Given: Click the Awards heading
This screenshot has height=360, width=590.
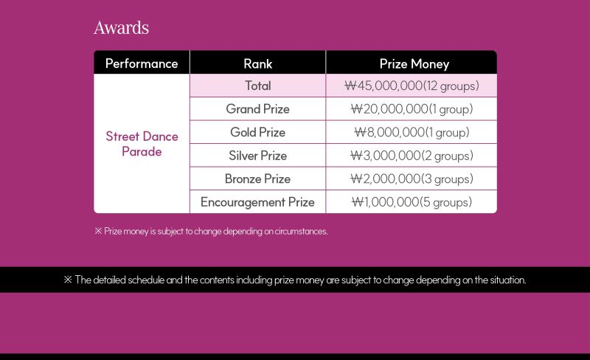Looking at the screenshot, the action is pyautogui.click(x=121, y=28).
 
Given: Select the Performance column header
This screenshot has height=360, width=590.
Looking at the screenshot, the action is pyautogui.click(x=142, y=63).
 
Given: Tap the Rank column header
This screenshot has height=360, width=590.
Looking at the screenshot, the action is pyautogui.click(x=257, y=63).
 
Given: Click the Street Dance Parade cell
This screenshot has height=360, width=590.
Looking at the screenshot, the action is pyautogui.click(x=142, y=144).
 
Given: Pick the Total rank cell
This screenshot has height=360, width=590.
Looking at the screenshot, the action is pyautogui.click(x=257, y=86).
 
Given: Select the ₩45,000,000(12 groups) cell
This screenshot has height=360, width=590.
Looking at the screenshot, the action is pyautogui.click(x=412, y=86).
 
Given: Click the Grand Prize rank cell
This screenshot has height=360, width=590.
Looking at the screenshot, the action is pyautogui.click(x=257, y=109).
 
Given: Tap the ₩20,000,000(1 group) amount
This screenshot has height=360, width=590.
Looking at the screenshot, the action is pyautogui.click(x=412, y=109).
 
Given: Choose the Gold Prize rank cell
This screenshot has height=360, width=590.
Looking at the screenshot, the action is pyautogui.click(x=257, y=132).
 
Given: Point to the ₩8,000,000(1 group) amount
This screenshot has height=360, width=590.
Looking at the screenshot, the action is pyautogui.click(x=412, y=133).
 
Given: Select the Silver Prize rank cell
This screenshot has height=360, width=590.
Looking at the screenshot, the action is pyautogui.click(x=257, y=156).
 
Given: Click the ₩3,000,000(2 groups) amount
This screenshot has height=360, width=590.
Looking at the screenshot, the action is pyautogui.click(x=412, y=156).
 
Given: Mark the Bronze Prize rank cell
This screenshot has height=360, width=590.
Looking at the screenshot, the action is pyautogui.click(x=257, y=179).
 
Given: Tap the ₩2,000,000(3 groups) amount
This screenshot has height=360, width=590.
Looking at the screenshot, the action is pyautogui.click(x=412, y=179).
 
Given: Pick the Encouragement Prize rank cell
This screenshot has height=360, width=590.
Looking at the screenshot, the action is pyautogui.click(x=257, y=202).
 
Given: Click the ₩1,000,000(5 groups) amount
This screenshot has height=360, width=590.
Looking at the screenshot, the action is pyautogui.click(x=412, y=202).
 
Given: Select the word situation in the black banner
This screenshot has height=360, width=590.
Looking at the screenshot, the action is pyautogui.click(x=508, y=280).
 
